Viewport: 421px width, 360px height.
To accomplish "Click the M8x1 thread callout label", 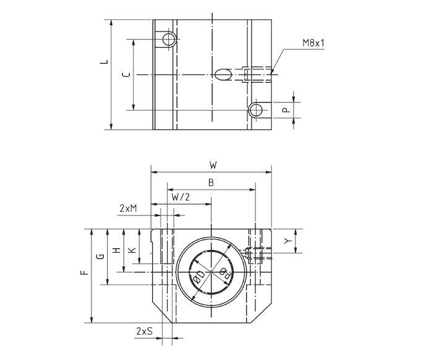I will pos(314,44).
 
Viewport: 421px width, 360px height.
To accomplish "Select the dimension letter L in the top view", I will pos(104,61).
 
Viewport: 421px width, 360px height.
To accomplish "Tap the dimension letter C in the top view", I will pos(126,75).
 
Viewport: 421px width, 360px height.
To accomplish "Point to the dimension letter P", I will pos(285,109).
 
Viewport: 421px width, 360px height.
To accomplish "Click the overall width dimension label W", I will pos(213,165).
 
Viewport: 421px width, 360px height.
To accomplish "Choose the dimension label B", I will pos(211,183).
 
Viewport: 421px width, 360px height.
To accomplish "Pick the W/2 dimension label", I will pos(181,198).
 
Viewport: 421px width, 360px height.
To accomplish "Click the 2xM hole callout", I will pos(127,209).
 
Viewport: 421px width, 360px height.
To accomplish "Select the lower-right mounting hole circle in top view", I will pos(255,110).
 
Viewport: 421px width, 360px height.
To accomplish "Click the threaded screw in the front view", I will pos(257,252).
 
